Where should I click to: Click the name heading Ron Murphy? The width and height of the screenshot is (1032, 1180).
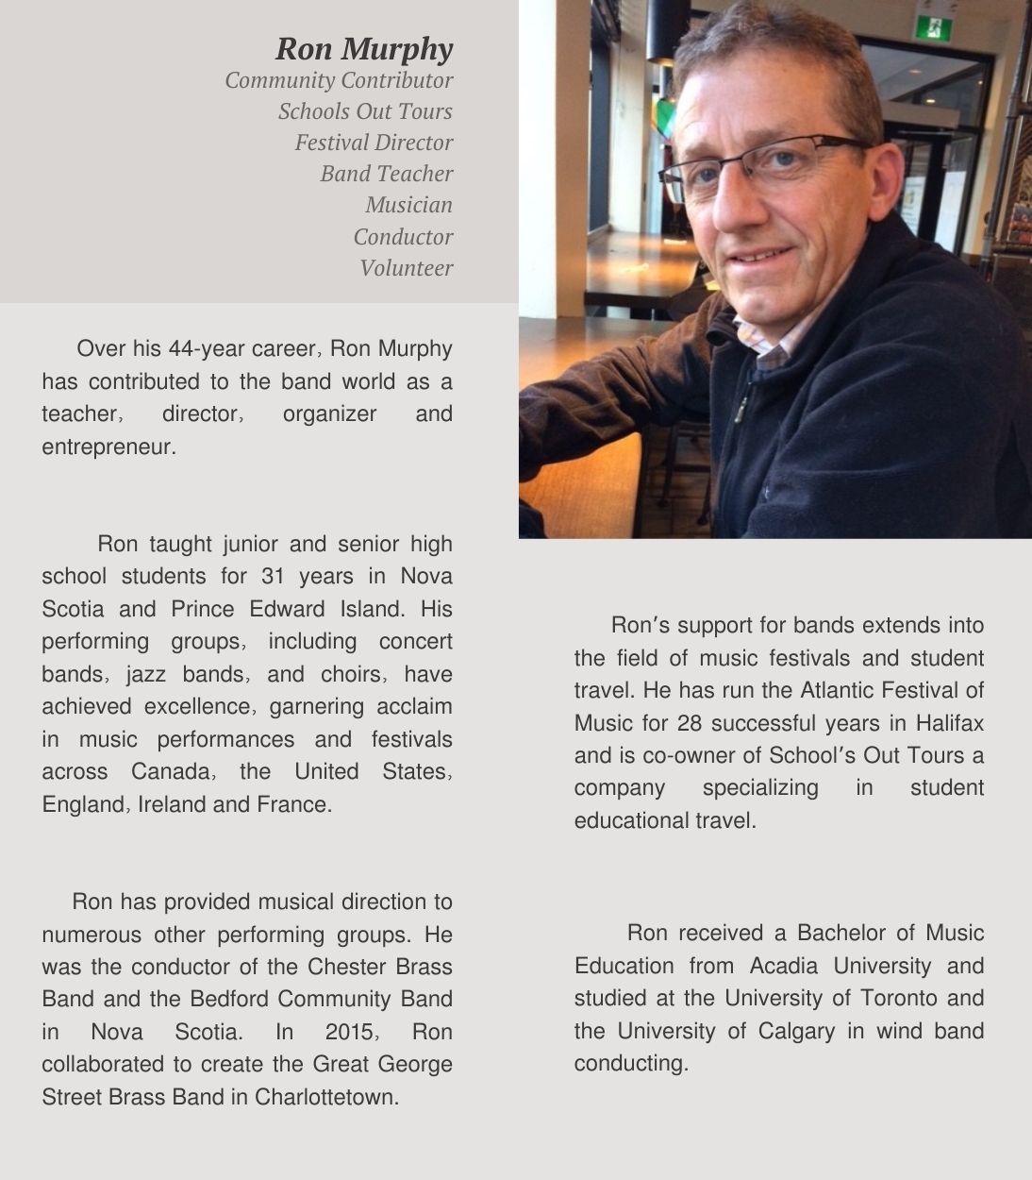(364, 48)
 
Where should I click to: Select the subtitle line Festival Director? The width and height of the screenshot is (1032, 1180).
(374, 143)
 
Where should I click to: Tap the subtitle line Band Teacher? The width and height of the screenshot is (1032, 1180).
(386, 174)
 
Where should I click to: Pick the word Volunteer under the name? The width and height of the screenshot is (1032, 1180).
(406, 268)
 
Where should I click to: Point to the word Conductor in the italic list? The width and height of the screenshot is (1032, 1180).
(403, 237)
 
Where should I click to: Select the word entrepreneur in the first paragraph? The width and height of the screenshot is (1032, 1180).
(108, 447)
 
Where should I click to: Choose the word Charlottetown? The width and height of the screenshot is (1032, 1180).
(325, 1097)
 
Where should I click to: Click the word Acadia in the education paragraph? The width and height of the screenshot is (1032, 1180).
(783, 966)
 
